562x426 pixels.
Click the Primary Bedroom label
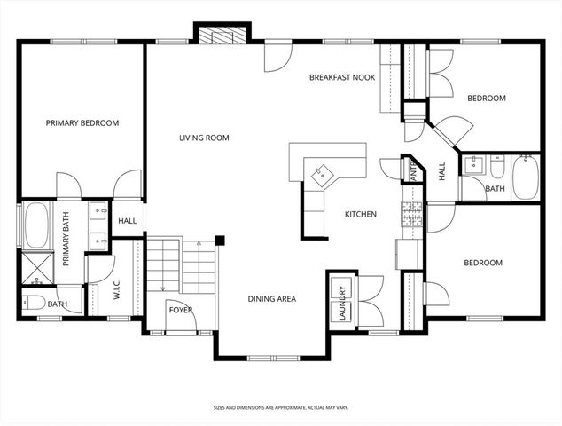(82, 123)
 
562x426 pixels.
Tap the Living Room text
(204, 138)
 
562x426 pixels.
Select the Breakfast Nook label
(342, 78)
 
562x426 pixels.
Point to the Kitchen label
(361, 214)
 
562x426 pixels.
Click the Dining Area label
(271, 299)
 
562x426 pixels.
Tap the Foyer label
(181, 311)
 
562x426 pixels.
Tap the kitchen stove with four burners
(412, 213)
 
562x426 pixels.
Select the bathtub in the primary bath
(36, 226)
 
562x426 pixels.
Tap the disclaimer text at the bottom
(280, 408)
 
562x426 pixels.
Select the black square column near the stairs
(219, 239)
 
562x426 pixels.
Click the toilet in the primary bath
(34, 303)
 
